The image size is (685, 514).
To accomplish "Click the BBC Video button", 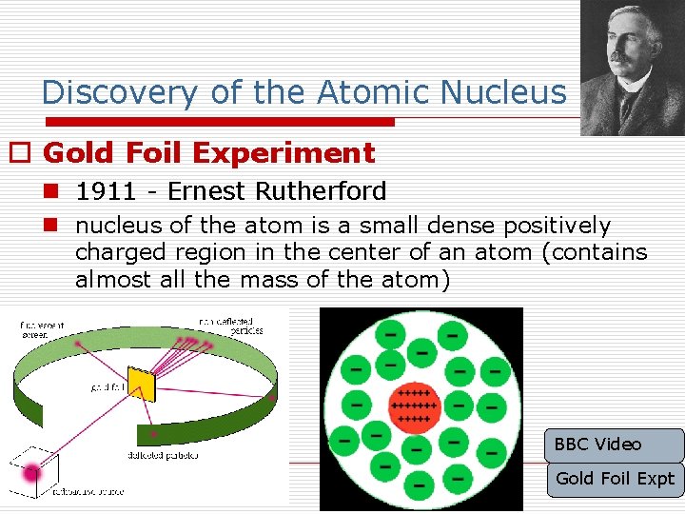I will point(615,445).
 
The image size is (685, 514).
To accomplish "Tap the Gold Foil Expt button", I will point(615,479).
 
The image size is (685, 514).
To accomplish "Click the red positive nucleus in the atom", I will point(415,405).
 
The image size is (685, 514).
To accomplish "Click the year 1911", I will point(105,191).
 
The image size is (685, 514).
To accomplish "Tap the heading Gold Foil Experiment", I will point(209,152).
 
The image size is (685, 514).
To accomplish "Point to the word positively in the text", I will point(557,227).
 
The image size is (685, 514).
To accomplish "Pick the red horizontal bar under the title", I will point(209,122).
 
